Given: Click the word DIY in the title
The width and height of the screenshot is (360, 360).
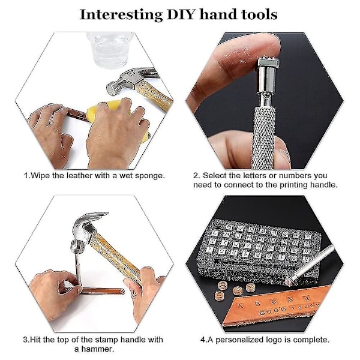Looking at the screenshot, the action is (x=181, y=14).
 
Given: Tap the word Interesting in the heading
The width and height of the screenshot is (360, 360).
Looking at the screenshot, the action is (x=121, y=14).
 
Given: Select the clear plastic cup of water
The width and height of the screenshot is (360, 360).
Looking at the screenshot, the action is (x=110, y=49).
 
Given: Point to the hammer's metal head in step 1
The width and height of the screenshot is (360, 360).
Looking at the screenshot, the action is (x=128, y=80).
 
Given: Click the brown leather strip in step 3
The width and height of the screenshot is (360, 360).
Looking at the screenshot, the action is (x=101, y=292).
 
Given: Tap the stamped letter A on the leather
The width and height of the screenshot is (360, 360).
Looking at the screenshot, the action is (x=241, y=306).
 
